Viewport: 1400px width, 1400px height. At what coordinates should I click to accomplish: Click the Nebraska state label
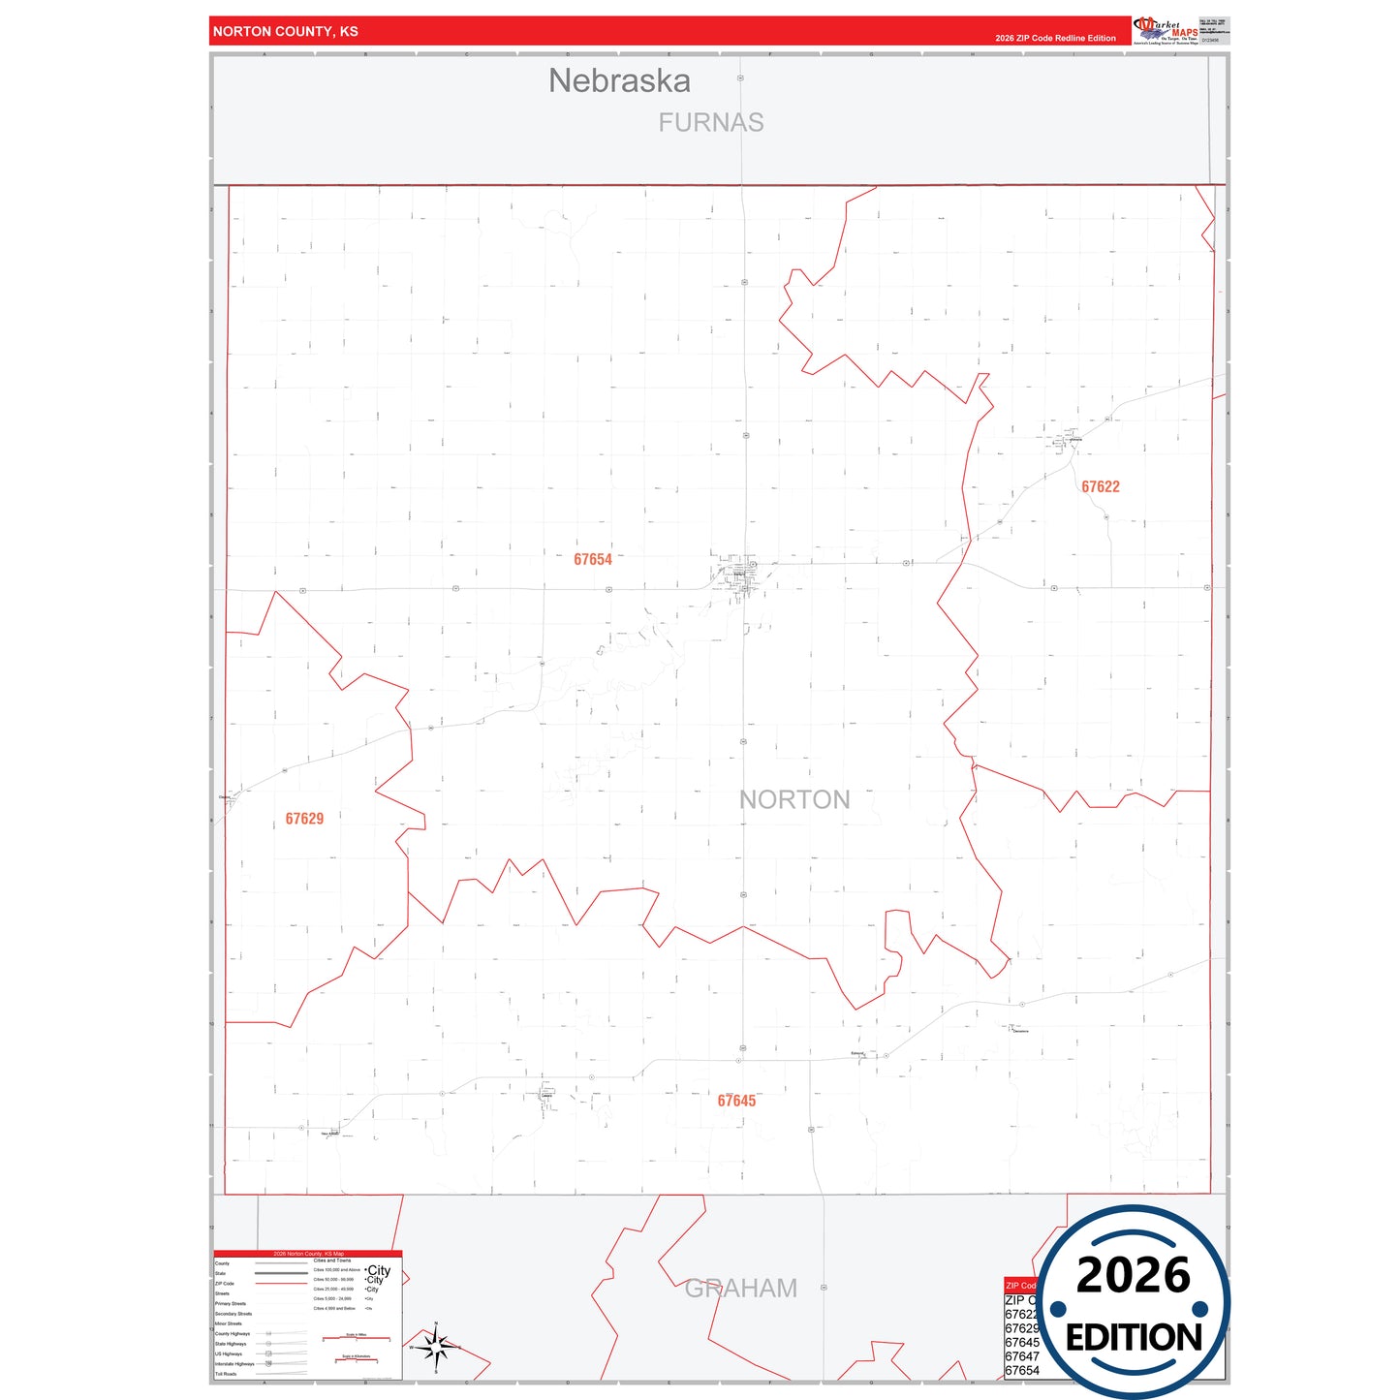click(x=619, y=80)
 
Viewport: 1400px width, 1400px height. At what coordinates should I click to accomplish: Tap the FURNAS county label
click(x=711, y=123)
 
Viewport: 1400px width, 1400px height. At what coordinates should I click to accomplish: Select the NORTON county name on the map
click(x=794, y=799)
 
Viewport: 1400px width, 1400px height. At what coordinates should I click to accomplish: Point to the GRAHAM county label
click(x=741, y=1288)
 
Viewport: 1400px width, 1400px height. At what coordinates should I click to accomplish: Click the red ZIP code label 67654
click(x=593, y=559)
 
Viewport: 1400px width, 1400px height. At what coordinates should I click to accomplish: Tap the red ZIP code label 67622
click(x=1101, y=486)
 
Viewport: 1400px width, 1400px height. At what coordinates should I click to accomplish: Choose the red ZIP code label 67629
click(x=304, y=819)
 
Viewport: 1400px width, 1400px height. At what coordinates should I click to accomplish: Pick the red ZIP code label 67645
click(x=736, y=1101)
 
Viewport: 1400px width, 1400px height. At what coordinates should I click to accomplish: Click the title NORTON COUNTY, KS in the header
click(x=286, y=31)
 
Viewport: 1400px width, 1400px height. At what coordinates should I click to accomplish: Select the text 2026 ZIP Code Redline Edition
click(x=1055, y=38)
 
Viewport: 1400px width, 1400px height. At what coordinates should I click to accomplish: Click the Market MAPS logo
click(x=1167, y=30)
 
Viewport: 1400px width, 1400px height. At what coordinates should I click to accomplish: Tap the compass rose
click(x=436, y=1346)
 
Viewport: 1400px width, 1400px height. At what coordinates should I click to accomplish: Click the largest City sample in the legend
click(x=379, y=1270)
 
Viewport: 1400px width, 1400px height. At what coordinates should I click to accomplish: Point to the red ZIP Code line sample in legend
click(x=281, y=1284)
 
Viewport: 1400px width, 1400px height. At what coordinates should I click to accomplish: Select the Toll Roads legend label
click(x=226, y=1374)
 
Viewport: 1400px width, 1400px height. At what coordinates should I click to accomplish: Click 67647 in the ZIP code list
click(x=1022, y=1356)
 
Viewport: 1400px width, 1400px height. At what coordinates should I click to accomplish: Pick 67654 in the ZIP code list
click(x=1022, y=1371)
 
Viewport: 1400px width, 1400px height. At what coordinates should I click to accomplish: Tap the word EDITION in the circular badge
click(x=1134, y=1338)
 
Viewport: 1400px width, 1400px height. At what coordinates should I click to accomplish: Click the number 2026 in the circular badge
click(x=1134, y=1275)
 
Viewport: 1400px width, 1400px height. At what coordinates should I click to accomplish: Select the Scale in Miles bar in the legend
click(x=357, y=1338)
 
